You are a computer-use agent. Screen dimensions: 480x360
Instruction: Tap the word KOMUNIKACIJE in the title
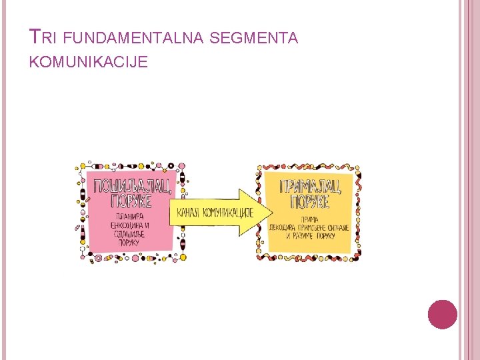(89, 62)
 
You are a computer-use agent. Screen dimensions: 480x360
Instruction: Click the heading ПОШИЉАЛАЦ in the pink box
(133, 185)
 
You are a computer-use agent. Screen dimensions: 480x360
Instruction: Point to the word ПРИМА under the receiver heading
(309, 219)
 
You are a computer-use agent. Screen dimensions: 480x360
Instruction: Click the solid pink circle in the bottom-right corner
(443, 315)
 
